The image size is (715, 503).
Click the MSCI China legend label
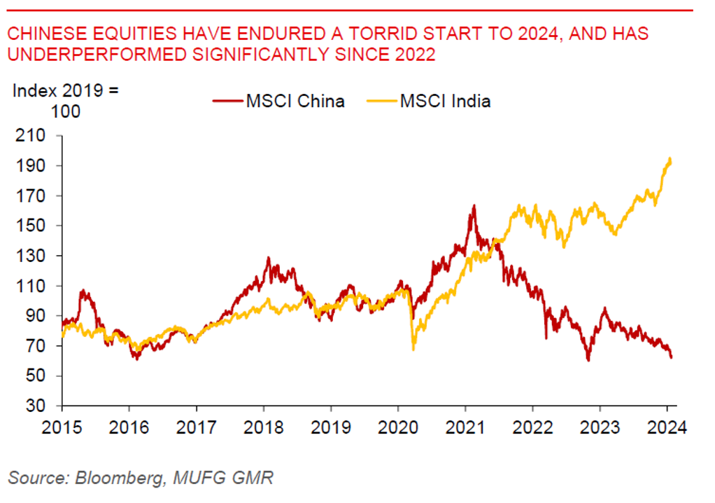click(x=295, y=101)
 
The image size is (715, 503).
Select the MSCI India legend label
click(x=445, y=101)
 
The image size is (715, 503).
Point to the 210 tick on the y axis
click(x=33, y=136)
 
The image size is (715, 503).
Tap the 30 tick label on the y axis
click(x=36, y=406)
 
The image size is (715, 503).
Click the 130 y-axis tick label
click(x=33, y=256)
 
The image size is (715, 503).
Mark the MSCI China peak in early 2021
click(x=474, y=205)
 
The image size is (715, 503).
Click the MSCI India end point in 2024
click(x=671, y=158)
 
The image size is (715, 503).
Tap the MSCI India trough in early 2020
click(x=413, y=350)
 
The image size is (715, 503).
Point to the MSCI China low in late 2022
click(x=588, y=361)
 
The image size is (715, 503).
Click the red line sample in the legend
click(x=227, y=101)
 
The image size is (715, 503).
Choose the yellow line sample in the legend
click(x=381, y=101)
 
